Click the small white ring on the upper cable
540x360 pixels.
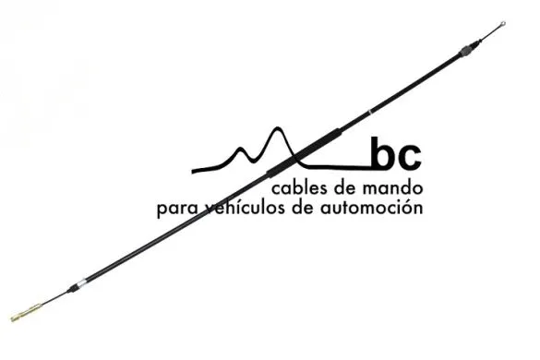pyautogui.click(x=368, y=112)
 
